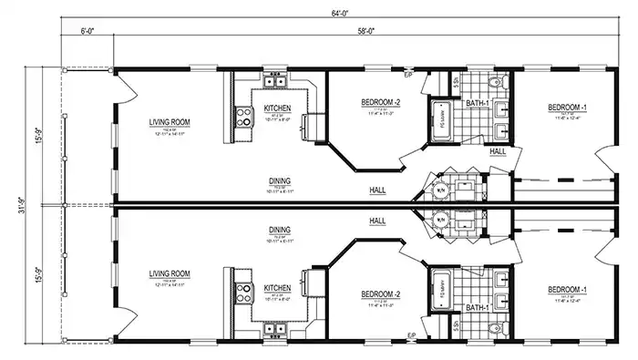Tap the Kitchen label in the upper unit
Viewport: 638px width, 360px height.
tap(278, 108)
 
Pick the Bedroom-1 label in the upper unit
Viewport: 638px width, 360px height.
tap(567, 108)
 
